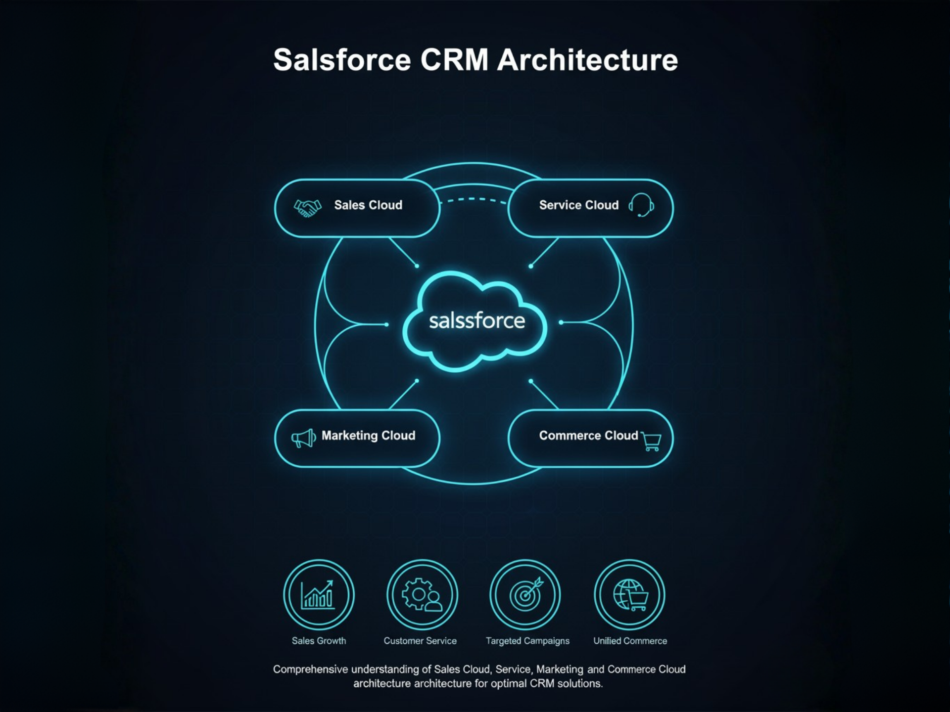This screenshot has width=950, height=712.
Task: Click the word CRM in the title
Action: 454,60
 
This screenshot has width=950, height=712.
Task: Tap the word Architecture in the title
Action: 587,60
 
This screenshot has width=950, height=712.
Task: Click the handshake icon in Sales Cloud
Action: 307,208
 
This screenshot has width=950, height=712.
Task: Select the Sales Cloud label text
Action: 368,205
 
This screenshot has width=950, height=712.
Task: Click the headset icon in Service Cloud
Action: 642,205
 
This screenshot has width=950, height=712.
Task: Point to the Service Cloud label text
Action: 578,205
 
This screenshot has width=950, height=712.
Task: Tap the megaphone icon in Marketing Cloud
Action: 303,438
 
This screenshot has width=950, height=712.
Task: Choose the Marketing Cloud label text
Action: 368,436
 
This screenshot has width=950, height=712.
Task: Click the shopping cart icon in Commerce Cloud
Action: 651,441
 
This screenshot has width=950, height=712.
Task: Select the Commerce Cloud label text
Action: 588,436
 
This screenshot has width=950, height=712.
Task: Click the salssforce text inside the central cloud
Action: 476,321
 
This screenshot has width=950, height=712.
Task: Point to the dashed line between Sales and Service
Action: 473,200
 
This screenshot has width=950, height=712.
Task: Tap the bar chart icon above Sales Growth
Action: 319,594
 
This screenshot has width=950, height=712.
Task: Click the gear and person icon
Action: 422,594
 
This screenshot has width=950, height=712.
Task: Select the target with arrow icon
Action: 525,594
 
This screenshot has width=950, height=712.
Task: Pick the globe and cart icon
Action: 630,594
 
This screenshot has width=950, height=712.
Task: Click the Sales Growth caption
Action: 319,641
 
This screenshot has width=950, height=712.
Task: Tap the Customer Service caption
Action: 420,641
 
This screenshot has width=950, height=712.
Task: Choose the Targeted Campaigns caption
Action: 527,641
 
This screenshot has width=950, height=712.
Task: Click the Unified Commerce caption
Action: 630,641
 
